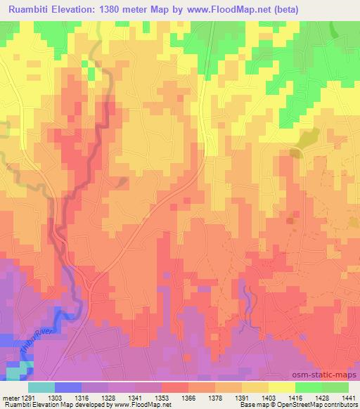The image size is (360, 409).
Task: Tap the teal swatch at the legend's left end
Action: pos(41,387)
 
